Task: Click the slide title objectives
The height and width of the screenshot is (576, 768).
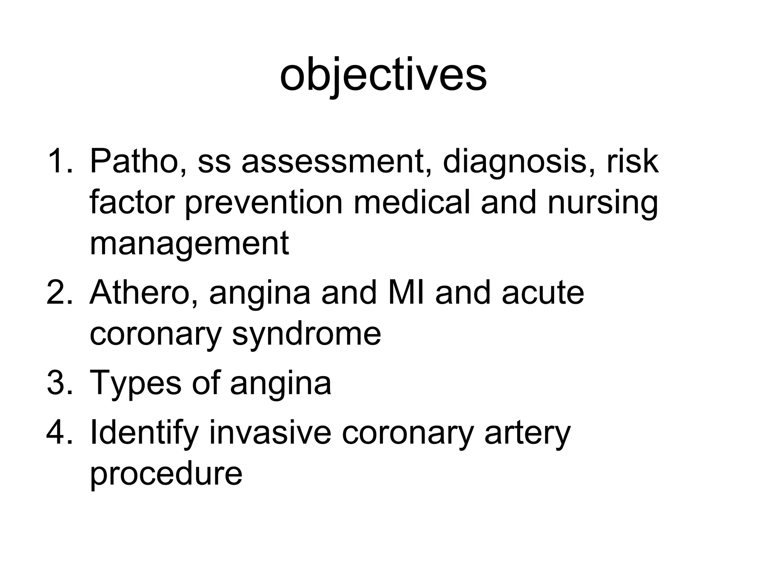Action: tap(383, 75)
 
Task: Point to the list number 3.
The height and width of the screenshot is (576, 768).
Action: tap(59, 382)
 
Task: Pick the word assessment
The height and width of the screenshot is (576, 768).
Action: tap(336, 162)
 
